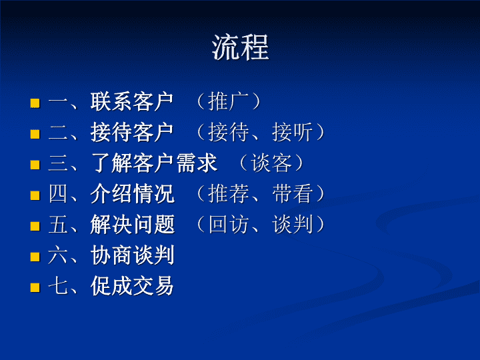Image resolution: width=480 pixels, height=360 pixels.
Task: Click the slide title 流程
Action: [x=240, y=47]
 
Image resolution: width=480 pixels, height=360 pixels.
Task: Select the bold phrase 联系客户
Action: [x=132, y=101]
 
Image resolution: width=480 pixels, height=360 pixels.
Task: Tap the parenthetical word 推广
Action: [x=228, y=101]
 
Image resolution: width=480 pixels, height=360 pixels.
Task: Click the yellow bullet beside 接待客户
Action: [x=35, y=134]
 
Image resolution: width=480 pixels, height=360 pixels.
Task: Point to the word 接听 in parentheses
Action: [x=293, y=132]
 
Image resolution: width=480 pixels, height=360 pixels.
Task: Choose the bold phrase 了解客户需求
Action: [x=154, y=163]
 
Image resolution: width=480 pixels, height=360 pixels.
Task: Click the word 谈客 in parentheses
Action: [x=271, y=163]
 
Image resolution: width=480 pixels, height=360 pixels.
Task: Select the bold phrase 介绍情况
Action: [x=132, y=193]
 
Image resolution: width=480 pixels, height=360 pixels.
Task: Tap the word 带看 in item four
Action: [x=293, y=193]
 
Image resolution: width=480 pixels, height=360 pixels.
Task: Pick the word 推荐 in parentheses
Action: [x=228, y=193]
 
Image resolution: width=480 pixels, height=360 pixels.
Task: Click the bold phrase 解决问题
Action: [x=132, y=224]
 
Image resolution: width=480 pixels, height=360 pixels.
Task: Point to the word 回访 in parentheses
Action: [x=228, y=224]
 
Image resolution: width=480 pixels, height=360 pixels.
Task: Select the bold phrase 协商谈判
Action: [x=132, y=255]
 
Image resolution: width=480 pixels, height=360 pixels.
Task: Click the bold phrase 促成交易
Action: [x=132, y=285]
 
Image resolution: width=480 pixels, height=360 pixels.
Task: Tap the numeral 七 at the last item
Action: [x=58, y=286]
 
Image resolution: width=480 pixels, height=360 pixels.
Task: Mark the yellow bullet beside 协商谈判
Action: [x=35, y=257]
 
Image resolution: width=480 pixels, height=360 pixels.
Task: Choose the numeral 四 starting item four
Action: [x=58, y=193]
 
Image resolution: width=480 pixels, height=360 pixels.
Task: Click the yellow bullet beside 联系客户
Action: [x=35, y=103]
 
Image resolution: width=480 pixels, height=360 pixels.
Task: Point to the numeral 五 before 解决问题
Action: [x=58, y=225]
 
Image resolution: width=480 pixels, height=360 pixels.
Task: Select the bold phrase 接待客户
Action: [x=132, y=132]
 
